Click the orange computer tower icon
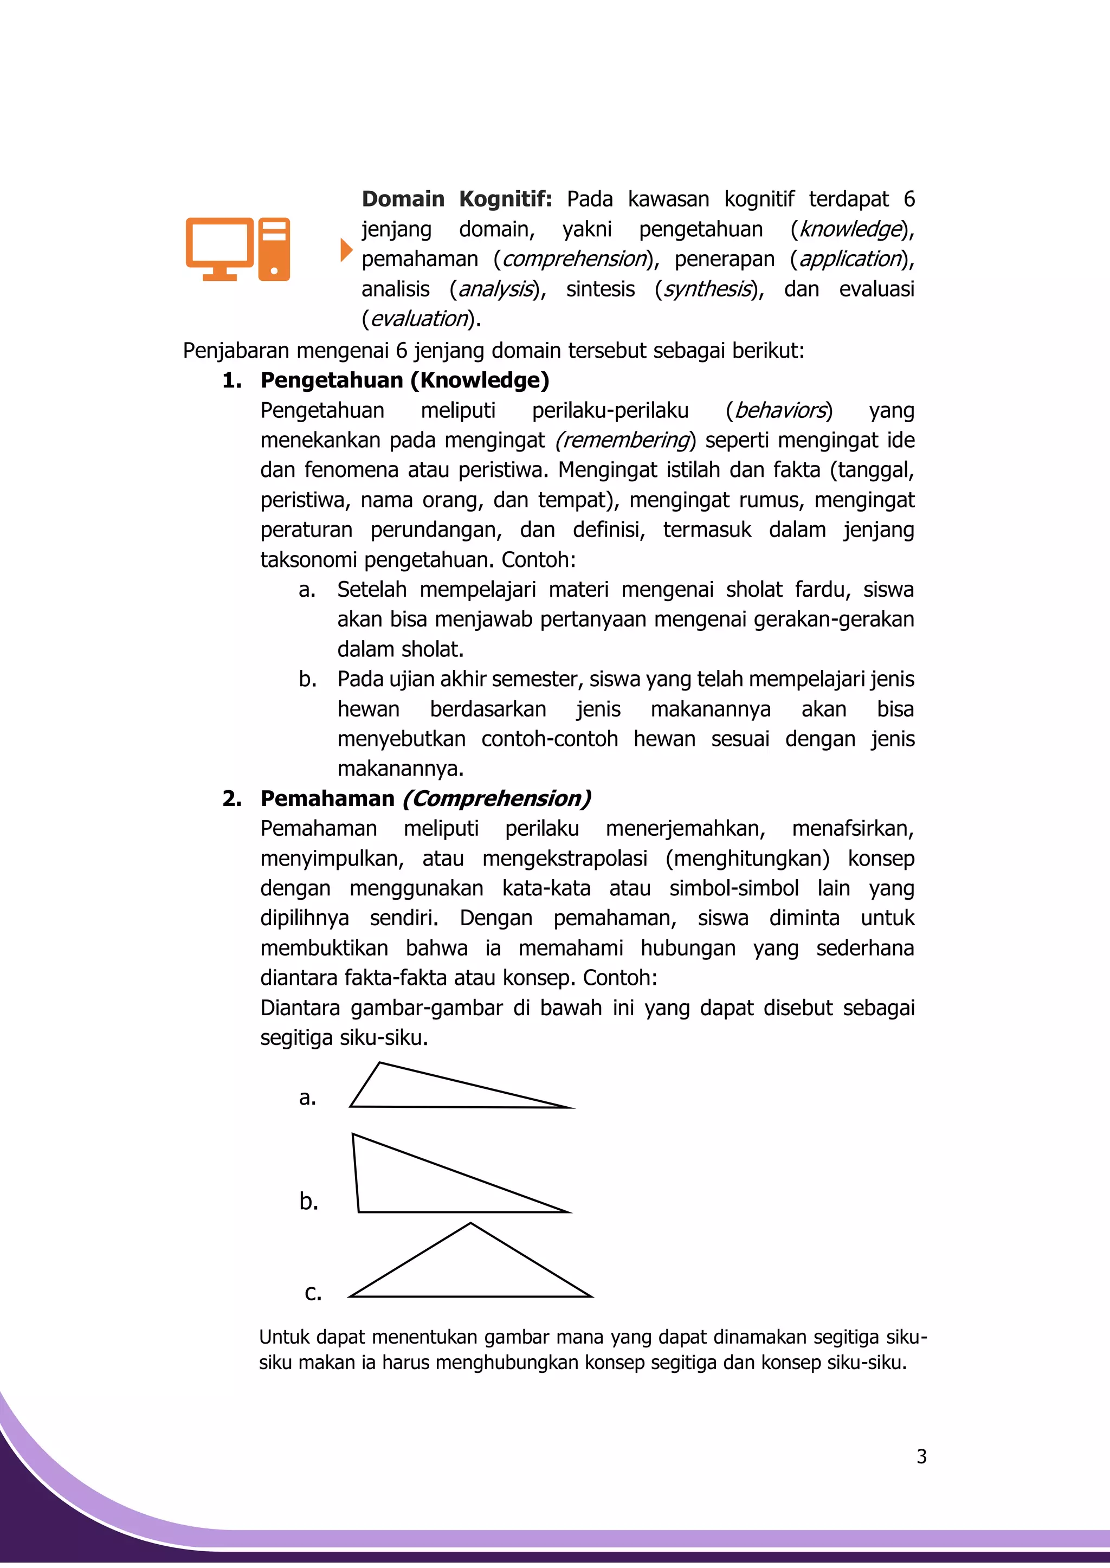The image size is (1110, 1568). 274,249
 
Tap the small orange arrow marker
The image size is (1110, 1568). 346,250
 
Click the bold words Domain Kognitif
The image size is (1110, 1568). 456,199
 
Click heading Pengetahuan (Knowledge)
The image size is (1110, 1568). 405,380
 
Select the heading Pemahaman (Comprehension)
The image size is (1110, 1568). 425,798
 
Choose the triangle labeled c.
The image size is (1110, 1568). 470,1272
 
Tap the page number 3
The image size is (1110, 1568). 921,1456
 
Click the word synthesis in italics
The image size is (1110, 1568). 707,289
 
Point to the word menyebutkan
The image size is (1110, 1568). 401,739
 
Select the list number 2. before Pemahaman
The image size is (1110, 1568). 232,798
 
